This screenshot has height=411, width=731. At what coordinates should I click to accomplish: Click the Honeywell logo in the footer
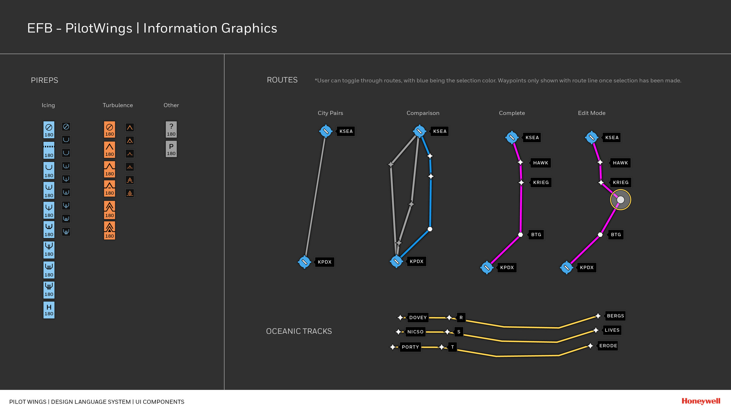coord(701,401)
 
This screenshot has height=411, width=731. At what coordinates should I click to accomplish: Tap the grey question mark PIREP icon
coord(171,129)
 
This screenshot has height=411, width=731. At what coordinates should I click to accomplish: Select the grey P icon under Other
coord(171,149)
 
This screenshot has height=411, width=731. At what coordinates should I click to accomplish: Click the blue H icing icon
coord(49,310)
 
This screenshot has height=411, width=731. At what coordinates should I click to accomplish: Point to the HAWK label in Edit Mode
coord(620,163)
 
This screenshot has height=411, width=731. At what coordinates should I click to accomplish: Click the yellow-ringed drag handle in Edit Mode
coord(620,200)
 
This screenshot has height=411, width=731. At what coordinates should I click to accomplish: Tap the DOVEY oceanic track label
coord(418,317)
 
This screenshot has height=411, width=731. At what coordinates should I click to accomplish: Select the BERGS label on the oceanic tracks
coord(615,316)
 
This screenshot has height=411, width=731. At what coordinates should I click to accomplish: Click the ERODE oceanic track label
coord(608,346)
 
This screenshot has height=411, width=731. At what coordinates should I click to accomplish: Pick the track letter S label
coord(458,332)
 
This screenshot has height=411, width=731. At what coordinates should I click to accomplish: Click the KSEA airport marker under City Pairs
coord(325,131)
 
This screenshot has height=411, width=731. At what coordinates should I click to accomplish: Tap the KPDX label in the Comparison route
coord(416,261)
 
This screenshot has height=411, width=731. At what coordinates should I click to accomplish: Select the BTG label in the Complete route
coord(536,234)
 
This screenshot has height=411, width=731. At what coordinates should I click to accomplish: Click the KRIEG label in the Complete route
coord(541,182)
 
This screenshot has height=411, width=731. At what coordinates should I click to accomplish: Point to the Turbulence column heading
coord(118,105)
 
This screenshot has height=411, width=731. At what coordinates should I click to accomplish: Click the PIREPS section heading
coord(44,80)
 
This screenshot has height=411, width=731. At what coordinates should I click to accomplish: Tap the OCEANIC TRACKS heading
coord(299,331)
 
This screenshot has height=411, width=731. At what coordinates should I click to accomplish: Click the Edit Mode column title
coord(592,113)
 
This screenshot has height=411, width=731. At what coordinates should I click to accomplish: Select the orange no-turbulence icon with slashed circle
coord(109,129)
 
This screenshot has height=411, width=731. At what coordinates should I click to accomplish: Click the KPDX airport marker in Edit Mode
coord(566,267)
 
